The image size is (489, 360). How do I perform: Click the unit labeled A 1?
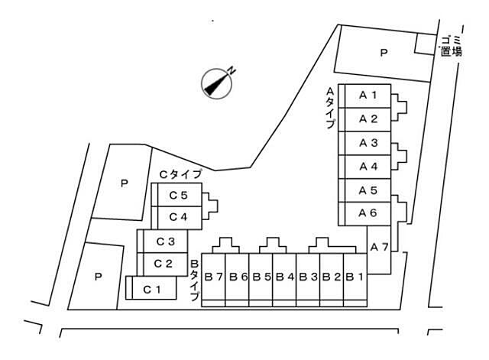pos(368,96)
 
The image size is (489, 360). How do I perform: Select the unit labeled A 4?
pos(368,167)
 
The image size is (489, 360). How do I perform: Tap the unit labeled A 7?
pos(379,250)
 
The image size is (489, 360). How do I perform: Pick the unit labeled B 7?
pos(213,277)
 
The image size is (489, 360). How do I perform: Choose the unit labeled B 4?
pos(284,277)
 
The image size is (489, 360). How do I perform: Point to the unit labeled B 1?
pos(355,277)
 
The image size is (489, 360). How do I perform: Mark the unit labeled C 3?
pos(166,241)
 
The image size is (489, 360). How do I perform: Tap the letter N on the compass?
pos(231,71)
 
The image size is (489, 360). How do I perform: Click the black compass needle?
pos(215,84)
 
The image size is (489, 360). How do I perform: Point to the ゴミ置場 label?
pos(452,46)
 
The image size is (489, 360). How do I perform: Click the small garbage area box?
pos(425,44)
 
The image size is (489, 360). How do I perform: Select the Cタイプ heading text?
pos(180,174)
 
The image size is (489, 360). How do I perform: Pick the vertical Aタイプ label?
pos(330,108)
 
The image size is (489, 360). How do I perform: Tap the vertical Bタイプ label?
pos(194,281)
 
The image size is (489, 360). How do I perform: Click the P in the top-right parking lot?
pos(384,53)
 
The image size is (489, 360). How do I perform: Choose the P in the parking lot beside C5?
pos(125,183)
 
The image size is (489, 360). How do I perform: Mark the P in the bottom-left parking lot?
pos(99,277)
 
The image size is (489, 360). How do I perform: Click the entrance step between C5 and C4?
pos(209,206)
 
